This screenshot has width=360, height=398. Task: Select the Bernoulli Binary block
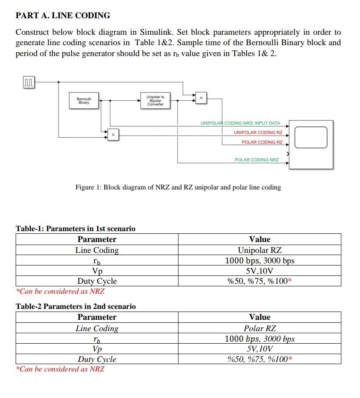point(84,100)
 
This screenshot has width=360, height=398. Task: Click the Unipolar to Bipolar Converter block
point(155,100)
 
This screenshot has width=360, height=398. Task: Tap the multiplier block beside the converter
point(201,99)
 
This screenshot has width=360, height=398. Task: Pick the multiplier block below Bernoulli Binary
point(112,135)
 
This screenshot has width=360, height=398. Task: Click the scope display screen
point(310,137)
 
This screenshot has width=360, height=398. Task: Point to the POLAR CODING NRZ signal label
point(257,160)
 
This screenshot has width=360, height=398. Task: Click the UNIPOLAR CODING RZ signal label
point(258,133)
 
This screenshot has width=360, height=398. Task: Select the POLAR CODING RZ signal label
point(262,142)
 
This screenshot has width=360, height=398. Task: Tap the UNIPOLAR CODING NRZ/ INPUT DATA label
point(240,123)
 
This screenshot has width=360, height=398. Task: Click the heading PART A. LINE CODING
point(63,16)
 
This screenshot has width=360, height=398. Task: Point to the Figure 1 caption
point(178,187)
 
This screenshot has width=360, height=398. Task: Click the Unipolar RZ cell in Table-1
point(259,250)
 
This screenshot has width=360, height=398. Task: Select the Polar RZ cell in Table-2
point(259,328)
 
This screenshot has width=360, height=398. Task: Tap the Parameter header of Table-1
point(97,239)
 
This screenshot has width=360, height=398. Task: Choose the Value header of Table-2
point(259,317)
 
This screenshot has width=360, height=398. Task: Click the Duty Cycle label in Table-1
point(97,281)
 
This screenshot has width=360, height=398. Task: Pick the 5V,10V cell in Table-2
point(259,349)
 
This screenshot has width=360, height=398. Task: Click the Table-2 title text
point(76,306)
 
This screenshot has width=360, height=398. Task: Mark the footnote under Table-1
point(60,291)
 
